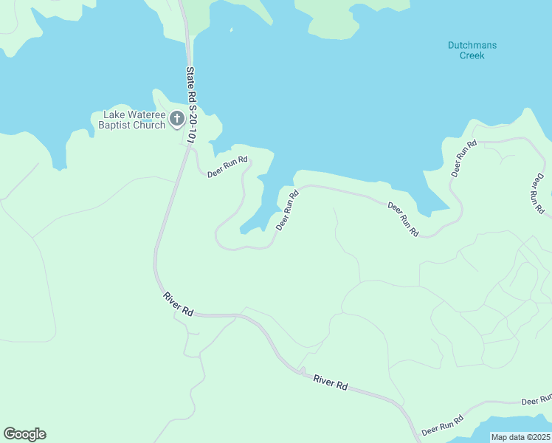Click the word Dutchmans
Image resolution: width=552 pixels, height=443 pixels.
472,45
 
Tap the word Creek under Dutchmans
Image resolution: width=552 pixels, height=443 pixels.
472,55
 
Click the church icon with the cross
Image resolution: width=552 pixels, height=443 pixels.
176,118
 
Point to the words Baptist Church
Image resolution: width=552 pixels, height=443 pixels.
132,125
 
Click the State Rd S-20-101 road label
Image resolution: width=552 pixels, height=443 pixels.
193,104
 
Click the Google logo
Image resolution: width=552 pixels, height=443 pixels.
24,434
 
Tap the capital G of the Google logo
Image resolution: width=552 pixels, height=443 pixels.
10,434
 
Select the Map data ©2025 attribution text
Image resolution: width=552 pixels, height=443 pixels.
520,437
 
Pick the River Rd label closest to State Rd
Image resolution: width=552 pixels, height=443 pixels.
178,304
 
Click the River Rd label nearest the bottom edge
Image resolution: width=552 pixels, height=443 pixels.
330,382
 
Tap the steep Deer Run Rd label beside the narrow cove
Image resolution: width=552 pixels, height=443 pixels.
287,210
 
